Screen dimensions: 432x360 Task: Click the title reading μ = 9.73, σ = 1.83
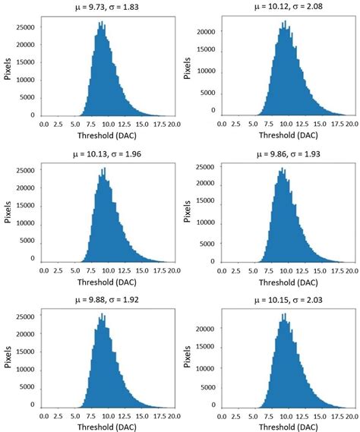click(x=100, y=8)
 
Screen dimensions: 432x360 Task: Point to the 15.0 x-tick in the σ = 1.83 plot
click(x=138, y=125)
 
